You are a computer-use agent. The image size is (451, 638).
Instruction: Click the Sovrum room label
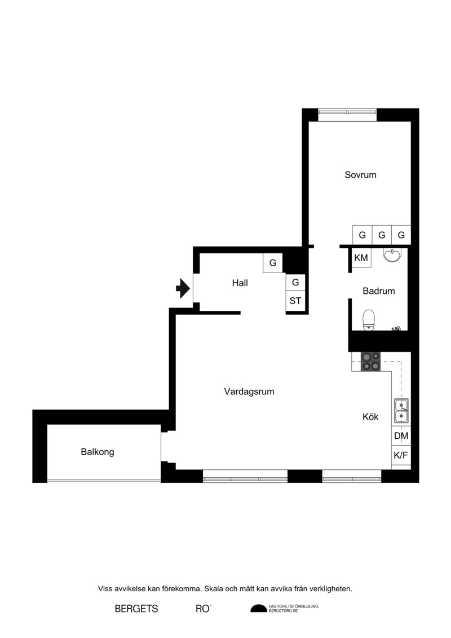[360, 175]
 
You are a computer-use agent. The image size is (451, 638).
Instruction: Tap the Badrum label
[379, 291]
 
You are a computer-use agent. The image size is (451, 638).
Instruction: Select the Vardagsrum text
[249, 391]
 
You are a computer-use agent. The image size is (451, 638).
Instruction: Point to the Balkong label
[97, 452]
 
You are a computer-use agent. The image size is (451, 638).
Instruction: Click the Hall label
[240, 283]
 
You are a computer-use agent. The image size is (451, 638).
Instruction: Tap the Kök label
[370, 417]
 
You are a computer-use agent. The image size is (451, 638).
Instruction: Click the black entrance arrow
[183, 288]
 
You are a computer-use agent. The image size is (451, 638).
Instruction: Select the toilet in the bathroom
[369, 320]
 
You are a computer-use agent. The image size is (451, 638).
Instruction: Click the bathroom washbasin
[392, 255]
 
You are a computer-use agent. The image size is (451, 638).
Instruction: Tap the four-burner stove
[371, 362]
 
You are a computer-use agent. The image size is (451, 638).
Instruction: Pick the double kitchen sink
[401, 411]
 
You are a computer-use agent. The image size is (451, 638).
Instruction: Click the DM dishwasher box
[401, 436]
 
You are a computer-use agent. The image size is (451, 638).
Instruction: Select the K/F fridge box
[401, 455]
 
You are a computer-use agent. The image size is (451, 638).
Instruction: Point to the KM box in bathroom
[361, 258]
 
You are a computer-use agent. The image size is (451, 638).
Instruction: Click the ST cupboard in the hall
[295, 301]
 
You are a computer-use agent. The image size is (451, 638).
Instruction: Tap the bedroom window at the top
[347, 115]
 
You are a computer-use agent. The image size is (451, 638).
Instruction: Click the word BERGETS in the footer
[136, 609]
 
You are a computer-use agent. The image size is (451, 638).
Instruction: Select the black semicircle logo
[259, 608]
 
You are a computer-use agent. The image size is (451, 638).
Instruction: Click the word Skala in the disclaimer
[214, 589]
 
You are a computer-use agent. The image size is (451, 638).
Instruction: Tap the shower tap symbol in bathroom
[396, 328]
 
